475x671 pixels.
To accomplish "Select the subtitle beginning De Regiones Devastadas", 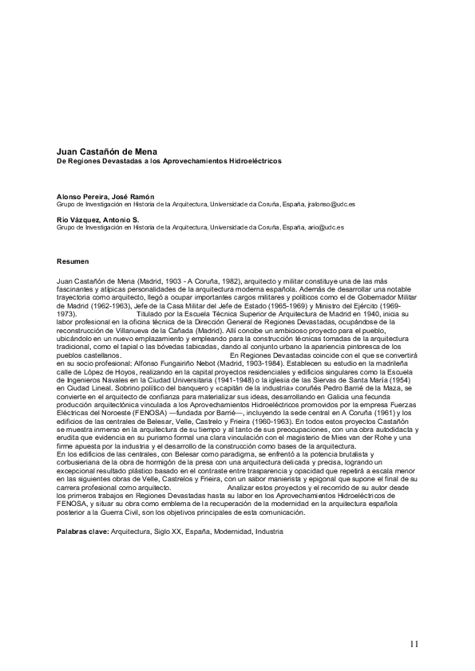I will click(168, 160).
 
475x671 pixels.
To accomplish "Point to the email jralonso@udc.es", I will click(331, 204).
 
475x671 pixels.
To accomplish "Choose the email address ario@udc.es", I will click(326, 227).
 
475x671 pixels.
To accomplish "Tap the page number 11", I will click(414, 643).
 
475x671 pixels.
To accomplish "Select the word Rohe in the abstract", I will click(381, 437).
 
